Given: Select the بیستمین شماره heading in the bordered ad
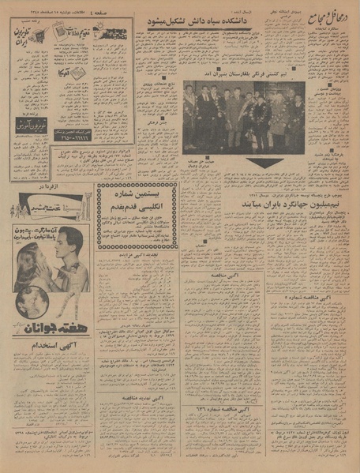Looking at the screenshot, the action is tap(136, 196).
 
